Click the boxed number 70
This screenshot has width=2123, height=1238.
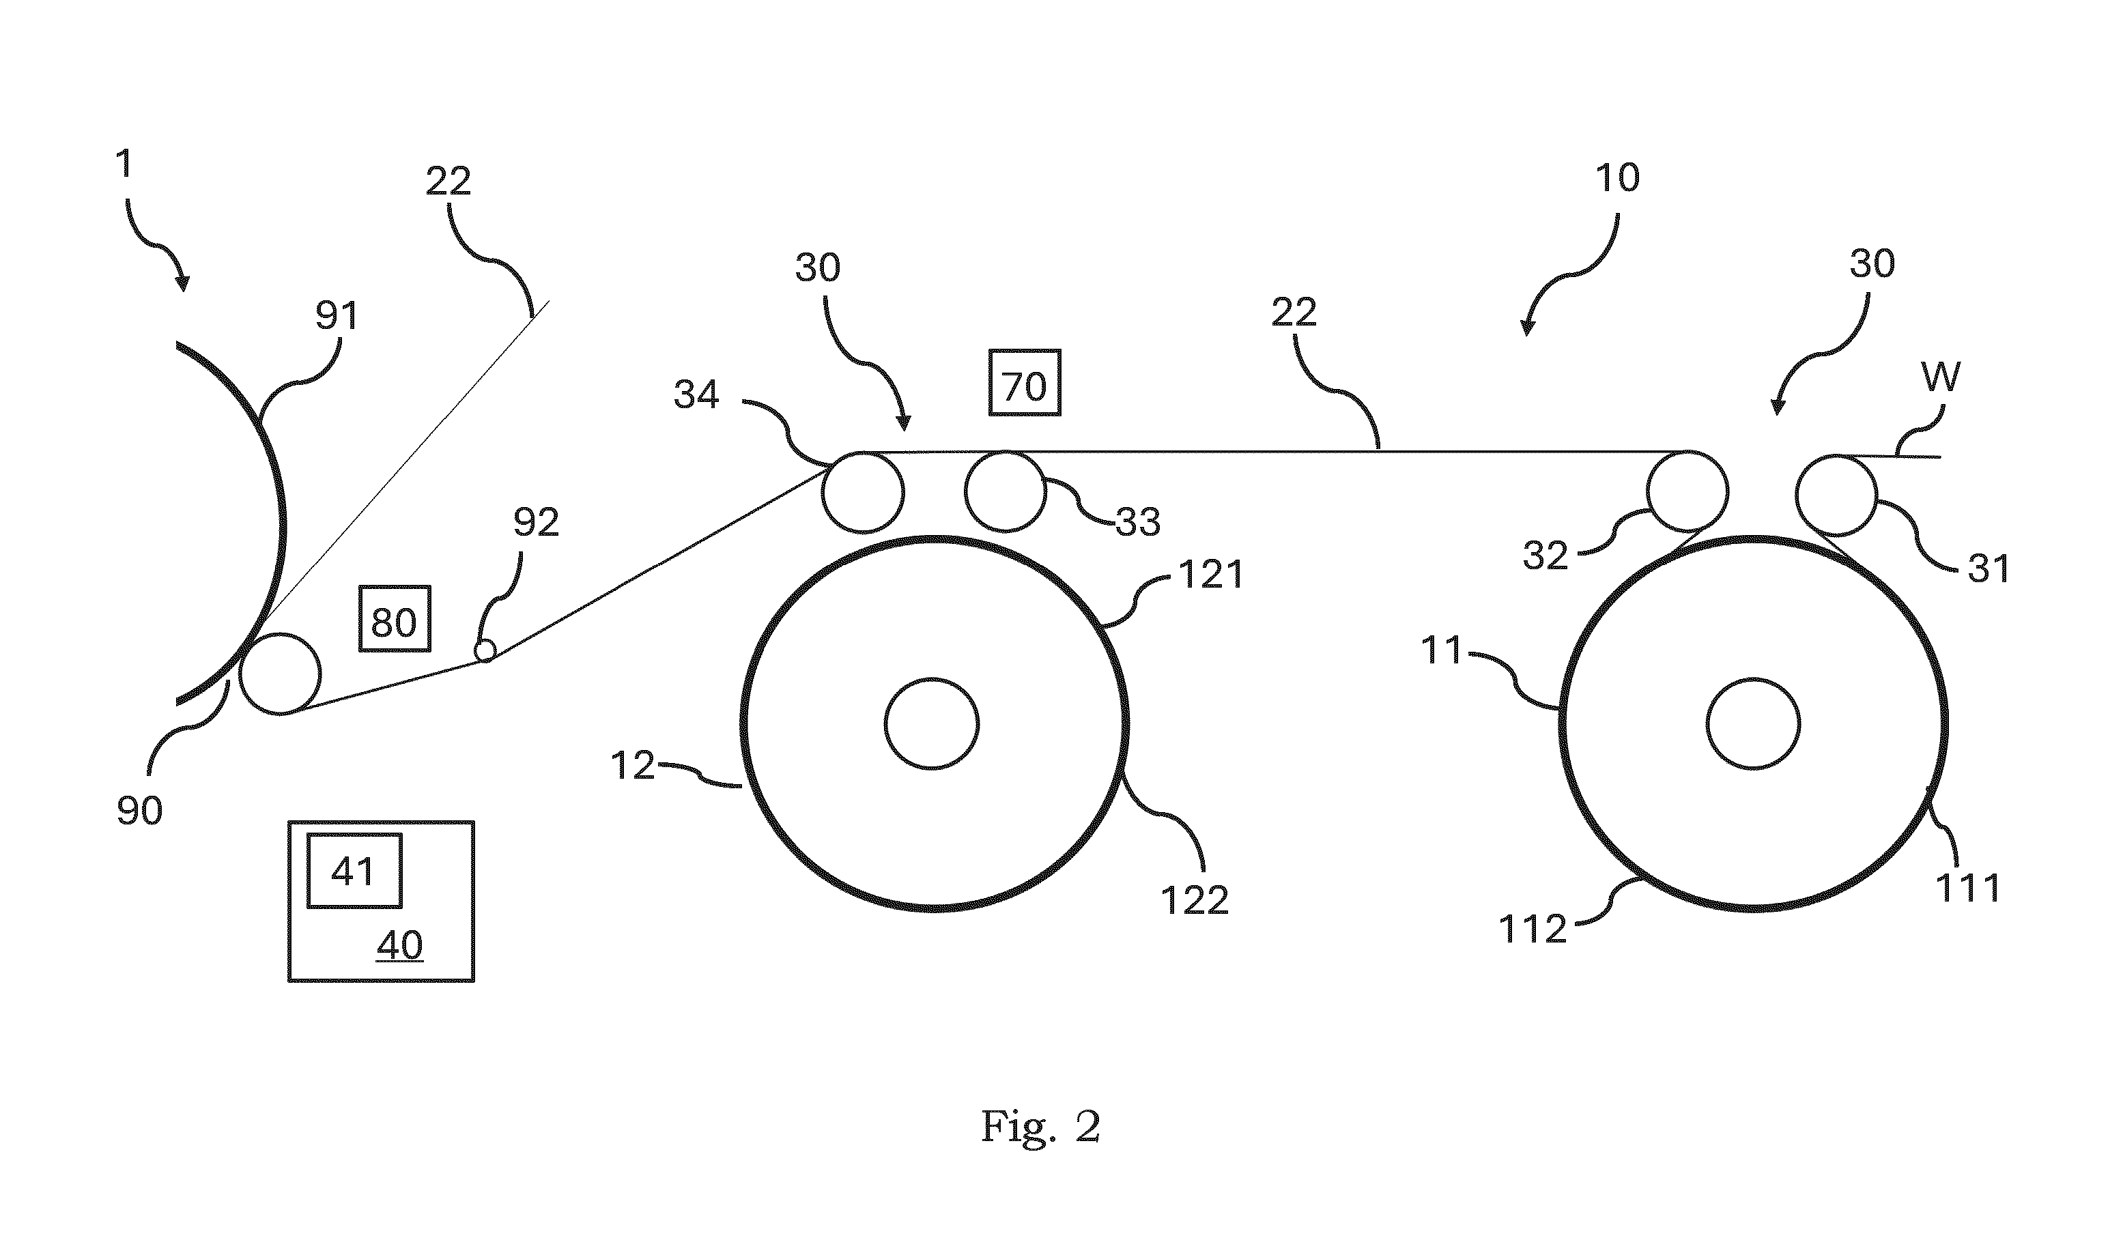click(1025, 383)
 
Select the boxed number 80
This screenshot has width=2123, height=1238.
click(395, 619)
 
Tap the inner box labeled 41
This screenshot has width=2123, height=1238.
click(354, 871)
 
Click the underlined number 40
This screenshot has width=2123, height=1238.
click(399, 945)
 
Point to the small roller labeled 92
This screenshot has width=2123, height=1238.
click(485, 650)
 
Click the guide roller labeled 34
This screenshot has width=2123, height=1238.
click(863, 492)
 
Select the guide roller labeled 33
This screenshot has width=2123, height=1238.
click(1005, 492)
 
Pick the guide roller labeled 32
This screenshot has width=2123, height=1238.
click(1687, 492)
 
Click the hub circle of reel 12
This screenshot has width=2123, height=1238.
click(932, 723)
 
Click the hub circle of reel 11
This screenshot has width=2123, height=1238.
click(1753, 723)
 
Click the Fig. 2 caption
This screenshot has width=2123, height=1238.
click(1041, 1126)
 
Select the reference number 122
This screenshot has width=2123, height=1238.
click(1195, 900)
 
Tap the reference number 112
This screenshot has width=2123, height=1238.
click(1533, 929)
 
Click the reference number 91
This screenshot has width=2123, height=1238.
click(337, 315)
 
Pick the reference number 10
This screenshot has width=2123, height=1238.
click(1618, 177)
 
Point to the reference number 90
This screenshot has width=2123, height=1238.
click(140, 810)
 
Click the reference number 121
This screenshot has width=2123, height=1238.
click(1210, 575)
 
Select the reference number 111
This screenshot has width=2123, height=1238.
click(1968, 888)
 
